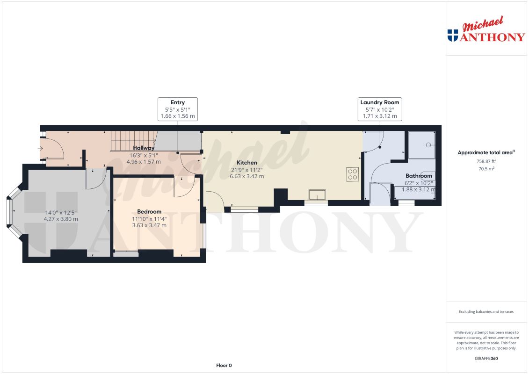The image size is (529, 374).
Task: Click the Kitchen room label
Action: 246,163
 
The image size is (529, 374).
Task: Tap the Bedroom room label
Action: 149,212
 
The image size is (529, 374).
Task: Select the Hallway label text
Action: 144,148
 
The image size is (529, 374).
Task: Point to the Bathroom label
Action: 419,176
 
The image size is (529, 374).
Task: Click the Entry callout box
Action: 178,109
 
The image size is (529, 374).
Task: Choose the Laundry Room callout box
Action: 379,109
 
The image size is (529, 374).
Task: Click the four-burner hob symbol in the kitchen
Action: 353,174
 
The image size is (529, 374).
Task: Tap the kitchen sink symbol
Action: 318,195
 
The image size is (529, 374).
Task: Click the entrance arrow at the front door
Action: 40,149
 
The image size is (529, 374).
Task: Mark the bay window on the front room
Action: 14,212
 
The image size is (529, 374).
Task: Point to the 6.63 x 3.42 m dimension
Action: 246,176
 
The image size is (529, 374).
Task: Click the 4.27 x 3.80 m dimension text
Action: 61,219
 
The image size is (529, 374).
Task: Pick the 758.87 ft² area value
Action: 486,161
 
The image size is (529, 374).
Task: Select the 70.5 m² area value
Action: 486,169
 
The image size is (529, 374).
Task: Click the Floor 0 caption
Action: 224,365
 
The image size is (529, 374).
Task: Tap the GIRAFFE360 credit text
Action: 486,359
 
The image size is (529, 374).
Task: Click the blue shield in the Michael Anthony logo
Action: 453,35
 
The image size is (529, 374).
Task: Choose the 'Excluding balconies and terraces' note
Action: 486,312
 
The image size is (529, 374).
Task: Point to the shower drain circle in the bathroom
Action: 428,145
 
